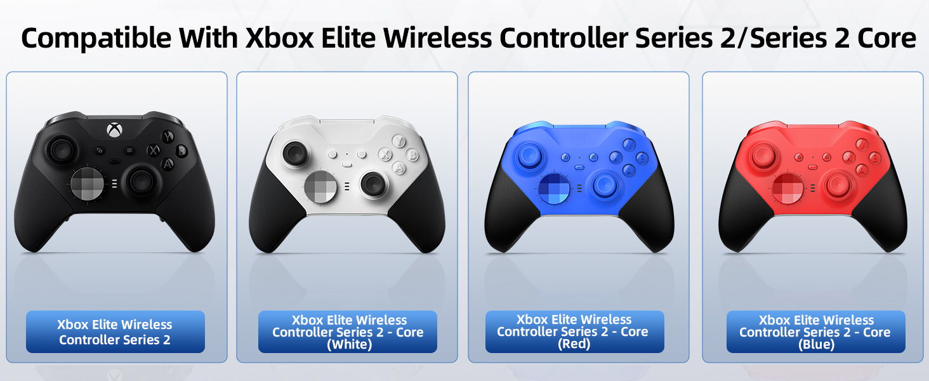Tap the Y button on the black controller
(168, 136)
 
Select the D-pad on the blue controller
(555, 189)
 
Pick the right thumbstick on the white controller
(373, 184)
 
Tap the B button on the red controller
(875, 157)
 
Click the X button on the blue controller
(616, 157)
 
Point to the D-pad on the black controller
(87, 183)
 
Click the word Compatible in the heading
(96, 39)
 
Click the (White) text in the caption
(349, 344)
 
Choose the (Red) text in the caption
(574, 344)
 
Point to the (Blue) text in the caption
(816, 344)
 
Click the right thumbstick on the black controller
(141, 181)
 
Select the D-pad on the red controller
(787, 189)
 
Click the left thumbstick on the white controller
(295, 154)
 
